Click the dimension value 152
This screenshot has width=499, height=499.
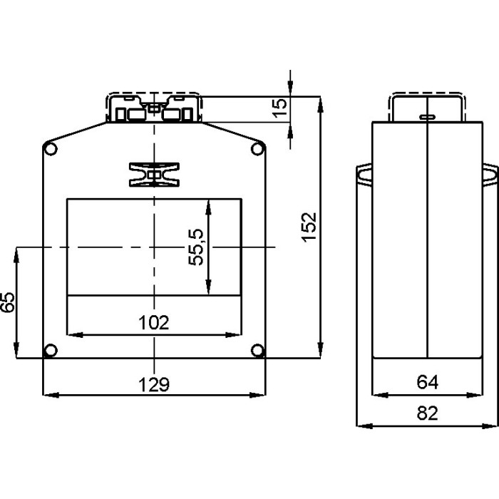click(307, 227)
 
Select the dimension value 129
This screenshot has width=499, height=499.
click(154, 384)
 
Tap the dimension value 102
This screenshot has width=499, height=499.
click(154, 322)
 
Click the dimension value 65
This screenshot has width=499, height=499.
click(8, 302)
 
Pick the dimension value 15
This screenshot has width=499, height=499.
click(281, 107)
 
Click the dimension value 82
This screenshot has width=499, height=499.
click(426, 413)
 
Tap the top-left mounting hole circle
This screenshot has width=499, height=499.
click(50, 148)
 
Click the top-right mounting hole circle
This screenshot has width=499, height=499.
click(258, 148)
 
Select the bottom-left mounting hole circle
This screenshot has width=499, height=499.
click(50, 350)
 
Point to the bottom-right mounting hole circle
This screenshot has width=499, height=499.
click(258, 350)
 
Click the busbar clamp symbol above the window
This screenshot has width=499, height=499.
click(154, 175)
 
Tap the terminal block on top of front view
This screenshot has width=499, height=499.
click(154, 109)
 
